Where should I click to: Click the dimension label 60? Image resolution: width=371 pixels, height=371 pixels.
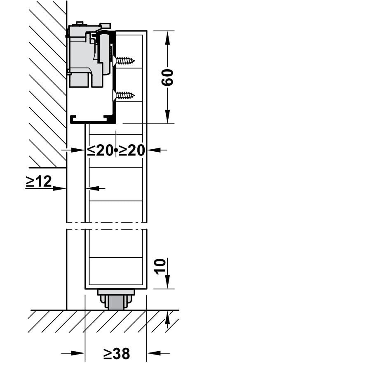click(167, 77)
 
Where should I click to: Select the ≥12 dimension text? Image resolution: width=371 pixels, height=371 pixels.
click(39, 181)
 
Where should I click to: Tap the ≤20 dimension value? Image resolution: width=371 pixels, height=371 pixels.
click(100, 150)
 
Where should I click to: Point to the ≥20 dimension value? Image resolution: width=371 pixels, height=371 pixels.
click(131, 150)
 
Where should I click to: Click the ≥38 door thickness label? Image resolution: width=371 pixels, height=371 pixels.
click(117, 354)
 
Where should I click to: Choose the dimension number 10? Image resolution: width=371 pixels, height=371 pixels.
click(160, 266)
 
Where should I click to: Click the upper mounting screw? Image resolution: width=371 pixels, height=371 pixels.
click(124, 61)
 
